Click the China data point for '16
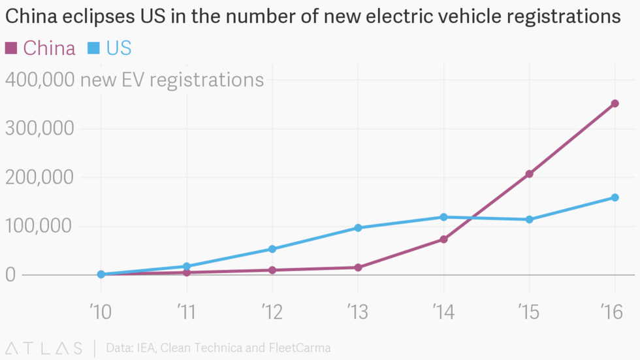(x=615, y=103)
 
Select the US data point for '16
(x=615, y=197)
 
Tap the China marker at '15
(x=529, y=174)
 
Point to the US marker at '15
(x=529, y=220)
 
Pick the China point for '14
(x=443, y=239)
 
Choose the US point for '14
(x=443, y=217)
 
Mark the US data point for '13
(x=358, y=228)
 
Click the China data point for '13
(x=358, y=267)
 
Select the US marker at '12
(x=272, y=249)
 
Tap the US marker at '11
(x=187, y=267)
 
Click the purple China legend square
(x=11, y=47)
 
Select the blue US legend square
(x=93, y=47)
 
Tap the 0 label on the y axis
(x=11, y=274)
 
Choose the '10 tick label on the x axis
(x=101, y=312)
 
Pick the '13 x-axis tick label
(x=358, y=312)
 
